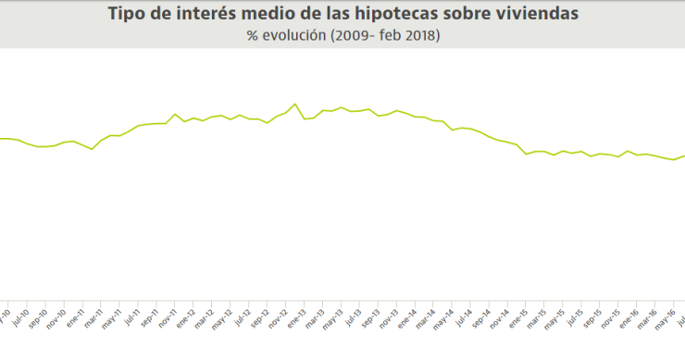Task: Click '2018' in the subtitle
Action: tap(418, 36)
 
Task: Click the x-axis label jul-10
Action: tap(19, 317)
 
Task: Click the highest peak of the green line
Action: tap(295, 104)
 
